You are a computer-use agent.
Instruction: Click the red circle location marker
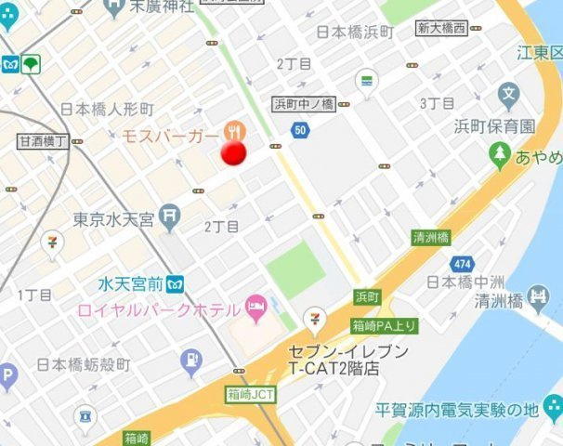[232, 152]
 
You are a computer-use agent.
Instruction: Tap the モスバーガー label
[171, 137]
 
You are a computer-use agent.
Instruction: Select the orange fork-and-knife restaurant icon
[233, 130]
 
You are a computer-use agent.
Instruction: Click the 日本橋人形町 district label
[107, 110]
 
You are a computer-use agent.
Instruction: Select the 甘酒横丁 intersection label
[43, 141]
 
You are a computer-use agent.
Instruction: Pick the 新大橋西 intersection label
[440, 28]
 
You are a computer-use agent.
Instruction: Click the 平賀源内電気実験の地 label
[470, 409]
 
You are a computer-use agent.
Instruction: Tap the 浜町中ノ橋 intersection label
[303, 104]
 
